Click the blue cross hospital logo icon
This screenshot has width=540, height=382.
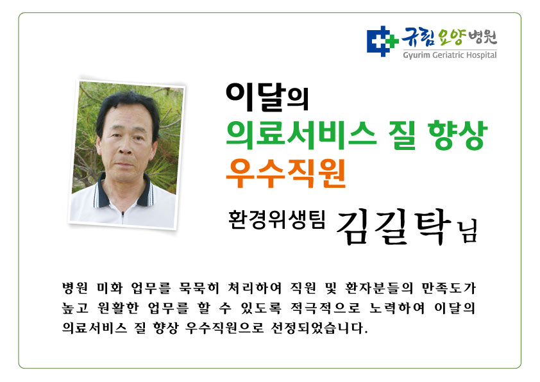click(382, 41)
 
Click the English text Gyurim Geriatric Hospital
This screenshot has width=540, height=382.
click(450, 55)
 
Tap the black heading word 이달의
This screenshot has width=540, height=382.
click(267, 97)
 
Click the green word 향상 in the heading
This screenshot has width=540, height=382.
click(457, 135)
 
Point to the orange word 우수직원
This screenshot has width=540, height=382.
click(286, 173)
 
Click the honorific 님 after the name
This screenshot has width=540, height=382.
click(467, 232)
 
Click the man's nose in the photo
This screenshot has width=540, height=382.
click(125, 147)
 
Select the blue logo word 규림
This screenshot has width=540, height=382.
click(418, 37)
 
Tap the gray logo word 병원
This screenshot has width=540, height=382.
click(483, 37)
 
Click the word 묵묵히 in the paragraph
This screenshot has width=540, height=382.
click(199, 288)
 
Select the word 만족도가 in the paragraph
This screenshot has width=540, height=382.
click(449, 288)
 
